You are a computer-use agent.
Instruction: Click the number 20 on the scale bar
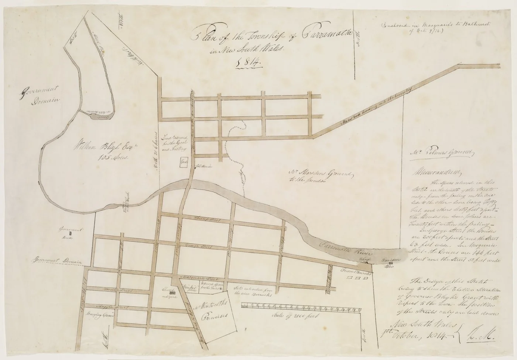point(359,306)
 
